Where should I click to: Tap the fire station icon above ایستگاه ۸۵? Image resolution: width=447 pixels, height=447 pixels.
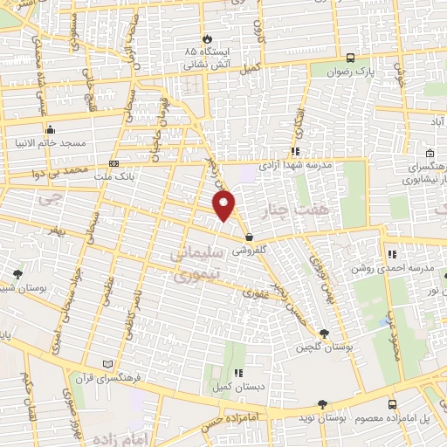click(207, 38)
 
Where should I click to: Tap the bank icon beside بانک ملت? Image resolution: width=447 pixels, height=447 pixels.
click(113, 163)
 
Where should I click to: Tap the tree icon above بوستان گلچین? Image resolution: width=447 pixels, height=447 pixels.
click(325, 334)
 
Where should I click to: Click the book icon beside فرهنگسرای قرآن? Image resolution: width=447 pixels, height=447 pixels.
click(107, 363)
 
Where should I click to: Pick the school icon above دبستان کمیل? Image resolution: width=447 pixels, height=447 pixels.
click(237, 373)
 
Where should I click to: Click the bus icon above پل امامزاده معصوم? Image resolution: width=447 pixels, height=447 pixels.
click(392, 405)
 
